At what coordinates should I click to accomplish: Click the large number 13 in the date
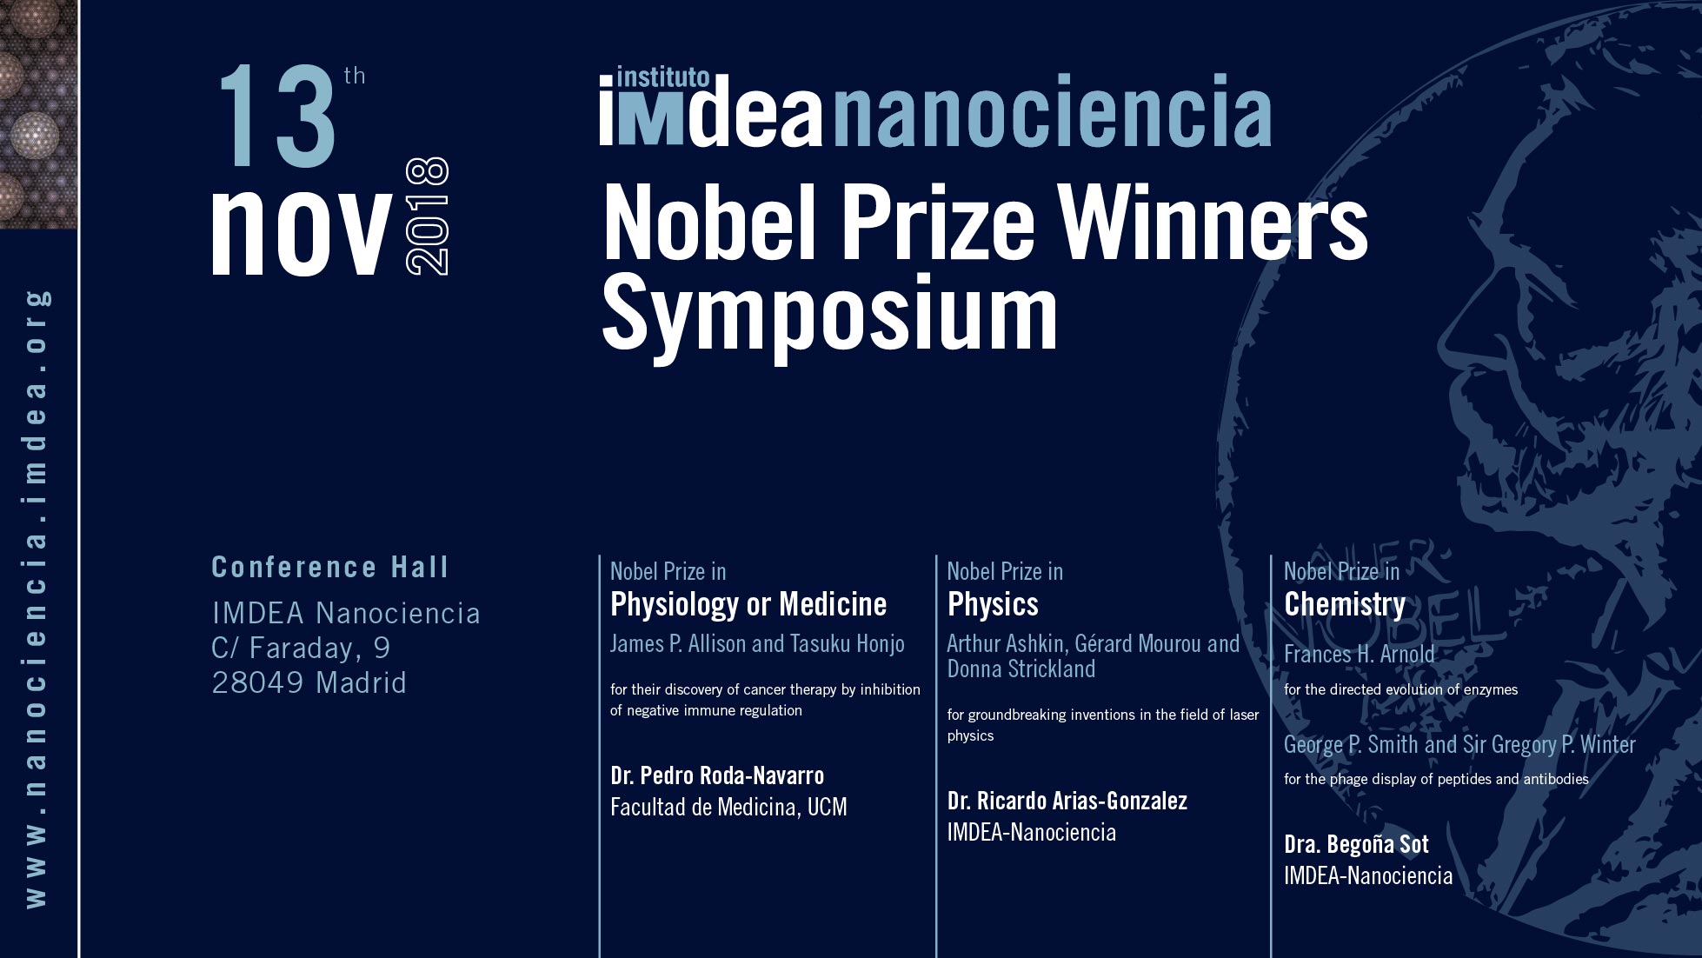278,117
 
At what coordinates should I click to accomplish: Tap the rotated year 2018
428,216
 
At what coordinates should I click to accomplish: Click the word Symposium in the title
830,313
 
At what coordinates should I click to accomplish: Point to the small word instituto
662,77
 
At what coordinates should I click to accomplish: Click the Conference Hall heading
330,567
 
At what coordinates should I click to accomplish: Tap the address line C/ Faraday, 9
301,649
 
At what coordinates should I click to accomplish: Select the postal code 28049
259,682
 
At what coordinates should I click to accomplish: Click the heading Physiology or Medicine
748,604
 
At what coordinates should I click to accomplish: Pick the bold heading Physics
993,604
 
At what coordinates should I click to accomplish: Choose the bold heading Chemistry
1345,604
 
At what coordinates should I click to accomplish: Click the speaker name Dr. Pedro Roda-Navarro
717,775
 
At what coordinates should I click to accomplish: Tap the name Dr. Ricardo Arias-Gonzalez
1067,801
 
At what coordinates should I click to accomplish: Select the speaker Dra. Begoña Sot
1356,844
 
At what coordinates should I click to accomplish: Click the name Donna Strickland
1021,669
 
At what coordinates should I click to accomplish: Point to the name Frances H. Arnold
1360,654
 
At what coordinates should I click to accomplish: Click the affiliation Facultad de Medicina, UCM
728,808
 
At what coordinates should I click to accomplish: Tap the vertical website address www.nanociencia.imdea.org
37,600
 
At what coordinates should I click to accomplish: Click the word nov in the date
301,233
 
